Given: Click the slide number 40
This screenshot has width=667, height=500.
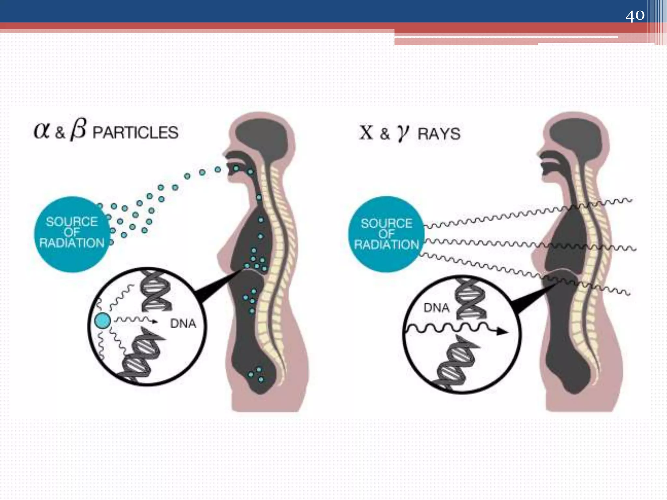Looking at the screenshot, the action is tap(635, 15).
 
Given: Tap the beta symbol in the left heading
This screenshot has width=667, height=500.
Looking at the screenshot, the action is tap(78, 130).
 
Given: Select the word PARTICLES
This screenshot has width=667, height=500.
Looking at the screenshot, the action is tap(135, 133).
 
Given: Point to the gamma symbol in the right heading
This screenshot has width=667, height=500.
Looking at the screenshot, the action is tap(403, 133).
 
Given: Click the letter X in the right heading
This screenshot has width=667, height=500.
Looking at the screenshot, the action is tap(366, 132).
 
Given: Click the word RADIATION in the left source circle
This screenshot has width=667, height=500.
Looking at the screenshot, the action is tap(72, 243).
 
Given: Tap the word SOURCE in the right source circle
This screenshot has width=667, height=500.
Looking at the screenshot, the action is tap(387, 223).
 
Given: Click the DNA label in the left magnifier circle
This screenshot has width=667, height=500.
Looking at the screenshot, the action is tap(183, 324).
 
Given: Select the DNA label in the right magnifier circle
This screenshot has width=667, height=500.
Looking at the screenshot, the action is tap(436, 308).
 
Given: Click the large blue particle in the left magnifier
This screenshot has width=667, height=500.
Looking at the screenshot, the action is tap(102, 321).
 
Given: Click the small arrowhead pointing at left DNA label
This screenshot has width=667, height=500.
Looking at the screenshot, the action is tap(155, 322).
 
